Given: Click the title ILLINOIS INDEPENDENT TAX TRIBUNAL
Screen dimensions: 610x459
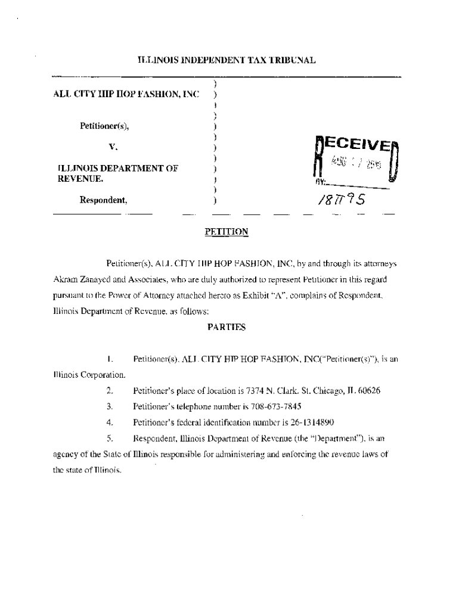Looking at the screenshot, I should [x=226, y=60].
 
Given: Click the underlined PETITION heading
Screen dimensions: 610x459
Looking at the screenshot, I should [x=226, y=232].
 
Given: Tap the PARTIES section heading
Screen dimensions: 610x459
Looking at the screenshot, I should [x=226, y=327].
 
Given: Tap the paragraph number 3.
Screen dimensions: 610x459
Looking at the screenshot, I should [x=110, y=407].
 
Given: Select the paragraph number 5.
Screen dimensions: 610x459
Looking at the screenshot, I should [x=110, y=438].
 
